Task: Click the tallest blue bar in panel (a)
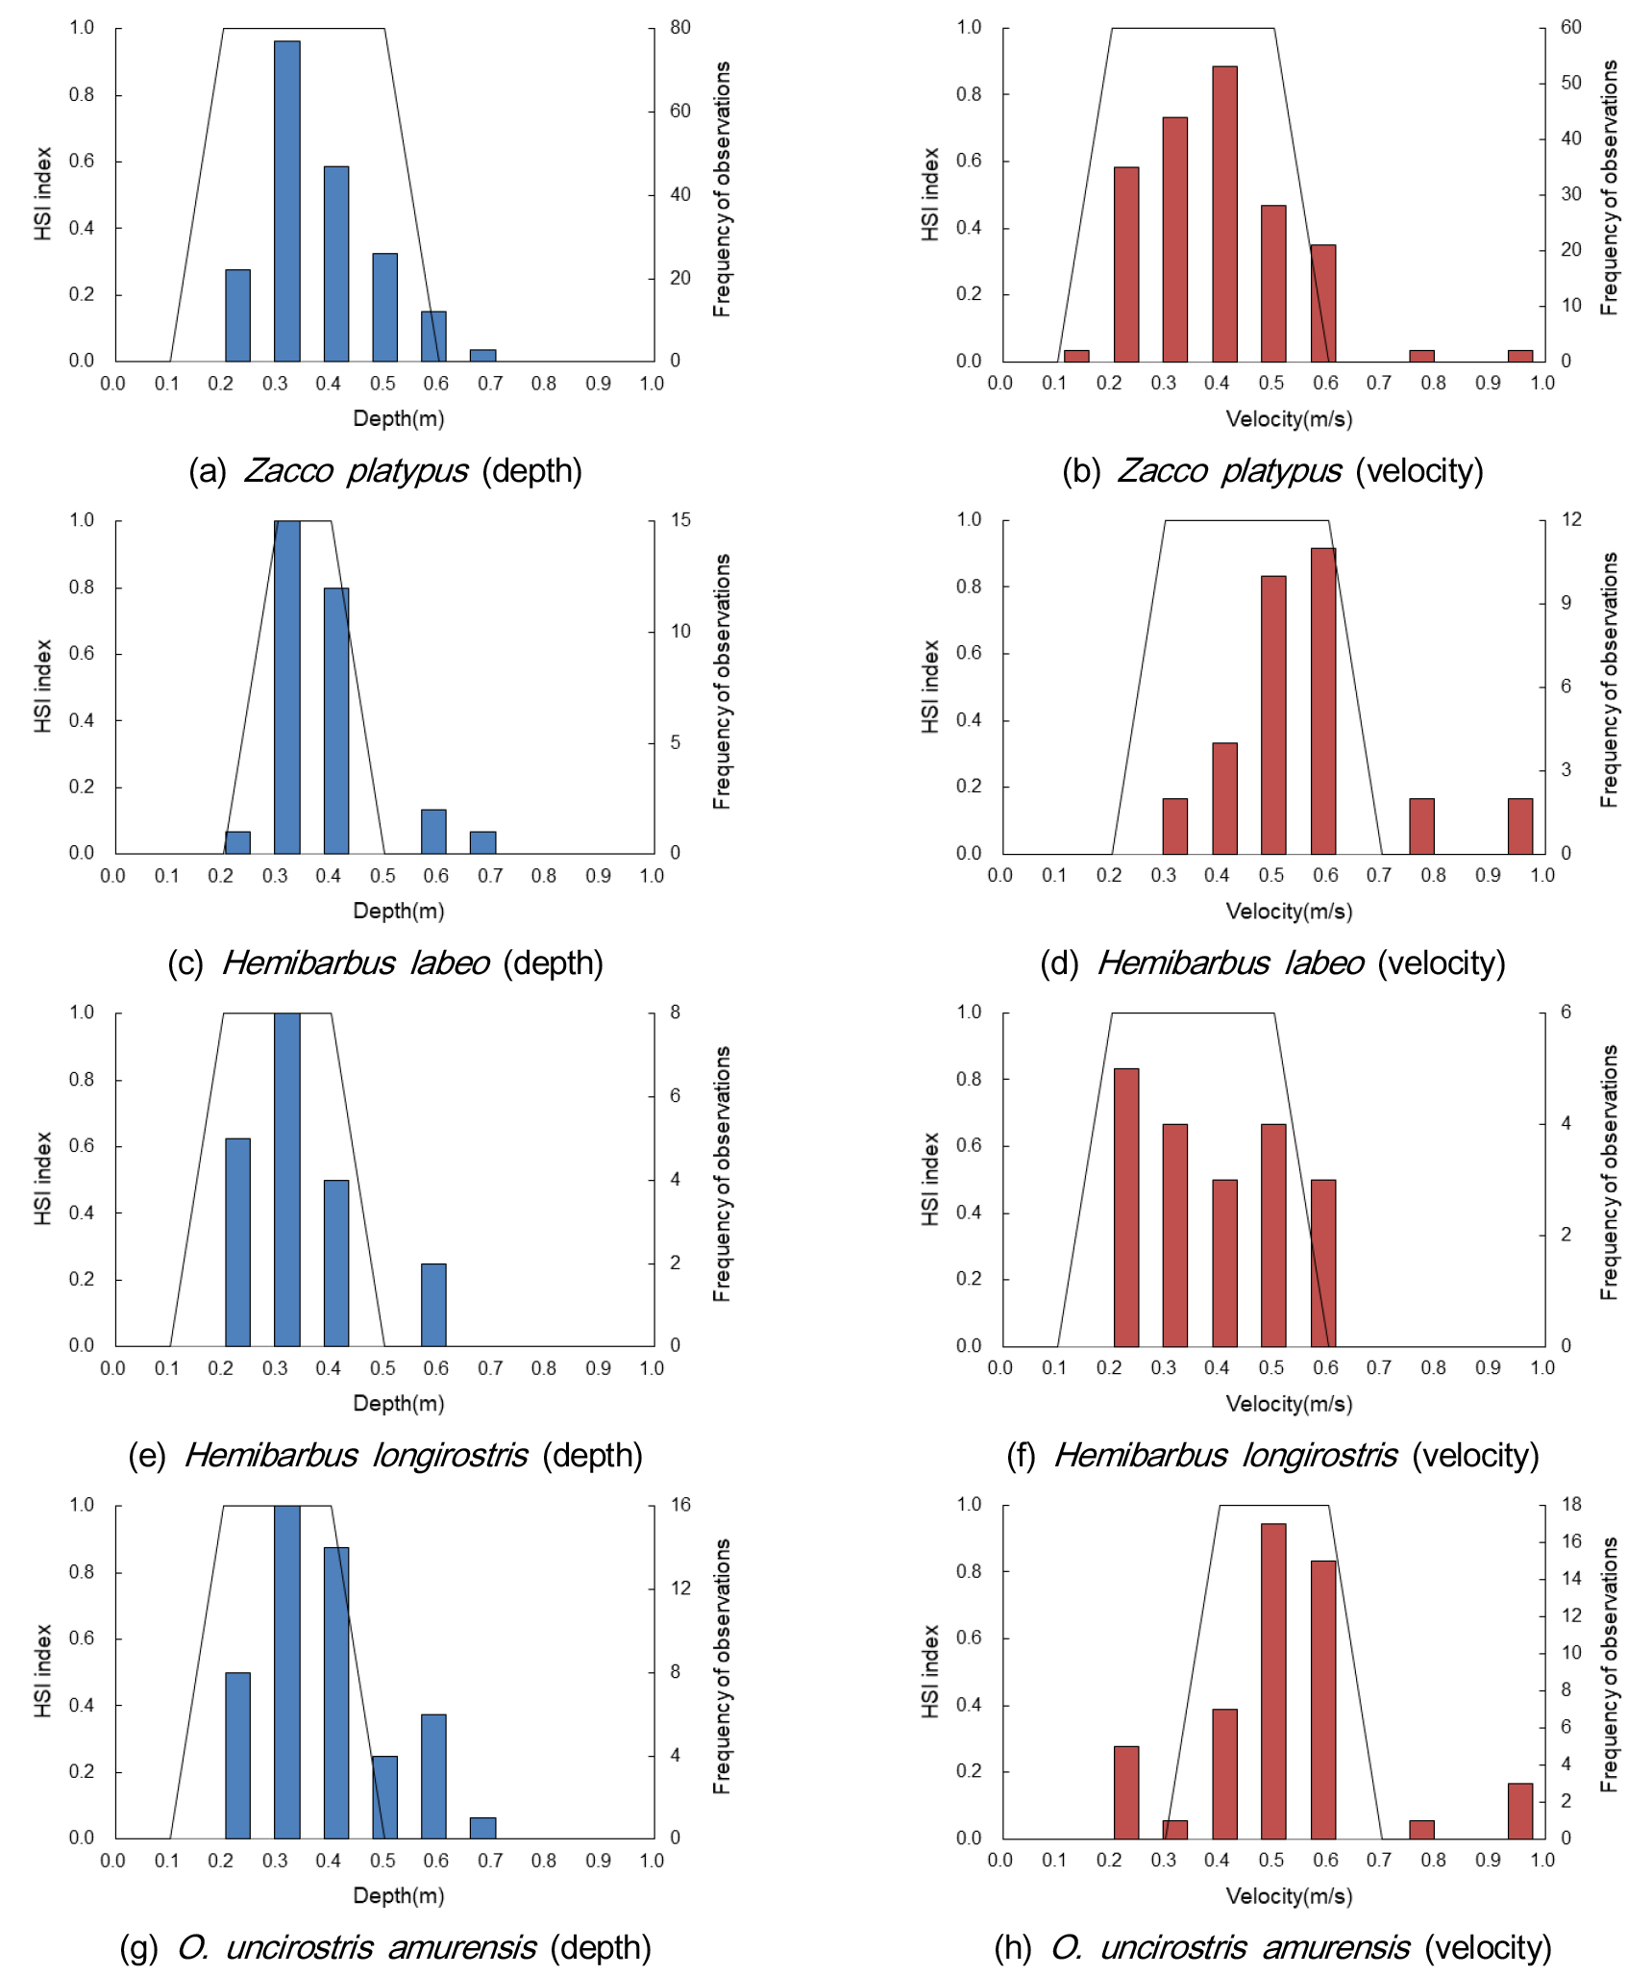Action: pos(287,201)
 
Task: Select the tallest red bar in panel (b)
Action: pos(1224,213)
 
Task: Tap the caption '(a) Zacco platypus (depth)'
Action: pos(385,471)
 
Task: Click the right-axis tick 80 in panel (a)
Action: pos(680,28)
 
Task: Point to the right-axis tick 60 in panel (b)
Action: pos(1570,28)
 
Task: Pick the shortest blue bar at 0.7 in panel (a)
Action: pos(482,356)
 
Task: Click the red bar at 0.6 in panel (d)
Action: pos(1323,701)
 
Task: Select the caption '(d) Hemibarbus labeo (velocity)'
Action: pos(1272,963)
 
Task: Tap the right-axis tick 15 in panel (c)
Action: pos(680,520)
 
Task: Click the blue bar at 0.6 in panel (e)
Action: pos(433,1305)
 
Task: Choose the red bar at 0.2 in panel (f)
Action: pos(1126,1208)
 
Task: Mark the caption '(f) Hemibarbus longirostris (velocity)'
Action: pos(1272,1456)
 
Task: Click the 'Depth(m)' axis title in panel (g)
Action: pos(399,1896)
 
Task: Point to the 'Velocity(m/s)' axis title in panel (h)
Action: pos(1289,1896)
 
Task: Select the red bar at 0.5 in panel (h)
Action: pos(1273,1682)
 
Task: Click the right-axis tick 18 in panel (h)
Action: pos(1570,1505)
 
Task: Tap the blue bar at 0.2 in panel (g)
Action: pos(237,1756)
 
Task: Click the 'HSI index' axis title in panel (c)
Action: pos(43,687)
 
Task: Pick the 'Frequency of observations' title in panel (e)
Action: pos(722,1174)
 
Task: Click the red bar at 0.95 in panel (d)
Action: pos(1520,826)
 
